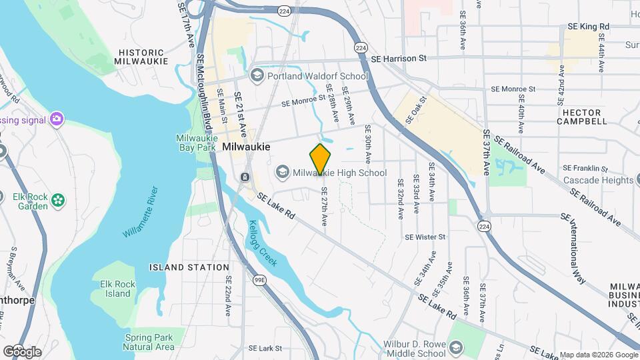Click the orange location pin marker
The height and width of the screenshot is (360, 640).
click(x=320, y=159)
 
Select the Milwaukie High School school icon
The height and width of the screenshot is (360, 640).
click(x=283, y=173)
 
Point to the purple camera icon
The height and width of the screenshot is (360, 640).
click(x=56, y=119)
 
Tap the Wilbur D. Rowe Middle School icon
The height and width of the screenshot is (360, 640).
click(x=456, y=349)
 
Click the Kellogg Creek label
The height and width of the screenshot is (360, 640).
click(x=262, y=243)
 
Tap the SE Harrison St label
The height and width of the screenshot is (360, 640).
click(x=399, y=59)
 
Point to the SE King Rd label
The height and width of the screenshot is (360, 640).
click(x=588, y=26)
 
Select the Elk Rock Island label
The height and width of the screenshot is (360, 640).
click(x=117, y=289)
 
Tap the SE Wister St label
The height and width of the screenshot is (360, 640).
click(x=425, y=237)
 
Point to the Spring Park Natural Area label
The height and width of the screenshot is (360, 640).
click(x=149, y=342)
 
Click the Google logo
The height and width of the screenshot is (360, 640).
click(x=21, y=351)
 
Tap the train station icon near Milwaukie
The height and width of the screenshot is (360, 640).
click(x=245, y=177)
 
